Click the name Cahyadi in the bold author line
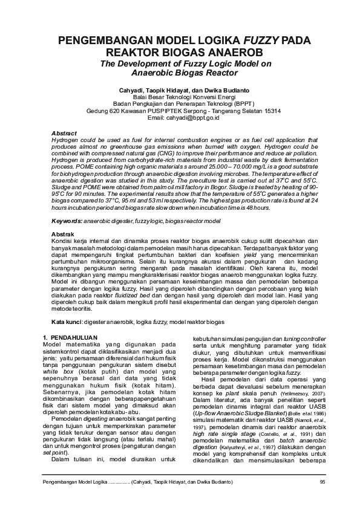133,89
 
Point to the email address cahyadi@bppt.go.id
191,118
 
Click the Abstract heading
64,132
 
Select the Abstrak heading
63,233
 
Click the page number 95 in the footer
322,481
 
